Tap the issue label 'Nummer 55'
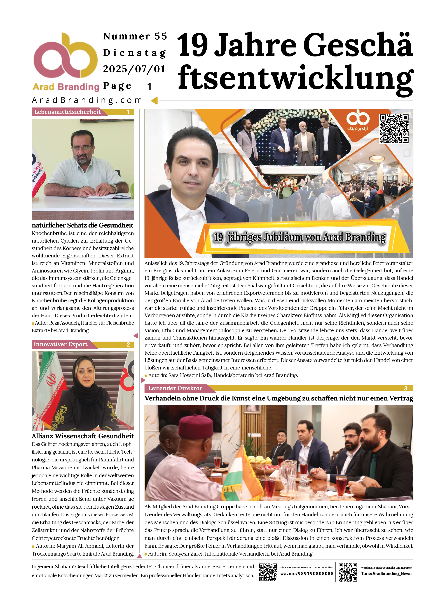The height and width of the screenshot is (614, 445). coord(135,36)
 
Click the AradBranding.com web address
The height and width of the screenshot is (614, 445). coord(87,100)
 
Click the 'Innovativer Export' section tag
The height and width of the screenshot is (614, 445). coord(61,344)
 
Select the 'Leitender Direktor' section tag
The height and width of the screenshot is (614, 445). coord(175,388)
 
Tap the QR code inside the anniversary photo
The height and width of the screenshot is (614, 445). coord(394,129)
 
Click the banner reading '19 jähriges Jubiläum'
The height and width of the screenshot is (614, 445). coord(299,237)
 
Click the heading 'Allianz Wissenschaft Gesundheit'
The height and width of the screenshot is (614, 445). coord(83,436)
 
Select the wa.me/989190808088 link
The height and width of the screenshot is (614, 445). coord(307,574)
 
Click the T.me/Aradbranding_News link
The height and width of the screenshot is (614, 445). coord(386,574)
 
